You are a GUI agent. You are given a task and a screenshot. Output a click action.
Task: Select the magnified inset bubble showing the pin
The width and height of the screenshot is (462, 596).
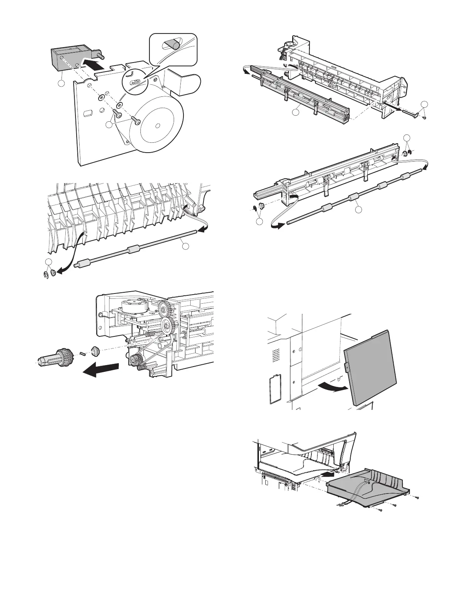click(173, 48)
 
